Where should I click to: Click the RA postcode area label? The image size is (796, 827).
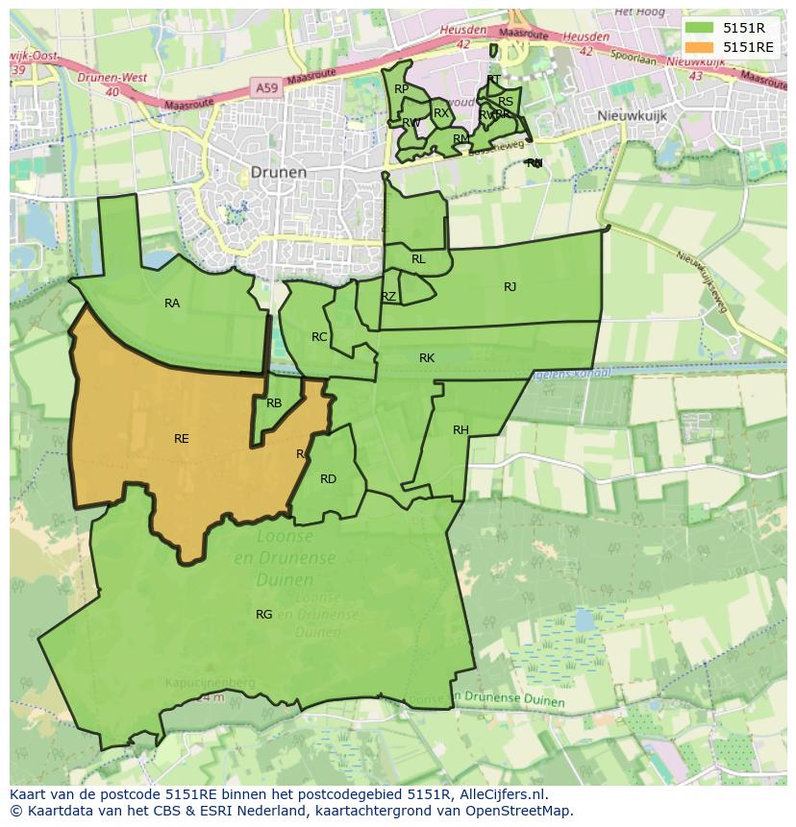[x=172, y=304]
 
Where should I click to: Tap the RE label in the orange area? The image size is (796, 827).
[x=182, y=439]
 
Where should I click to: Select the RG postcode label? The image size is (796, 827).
[x=263, y=615]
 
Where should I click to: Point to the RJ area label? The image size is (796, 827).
[x=510, y=286]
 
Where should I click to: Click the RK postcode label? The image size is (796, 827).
[x=427, y=358]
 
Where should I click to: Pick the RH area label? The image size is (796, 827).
[x=460, y=430]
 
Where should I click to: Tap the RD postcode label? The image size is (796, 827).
[x=328, y=479]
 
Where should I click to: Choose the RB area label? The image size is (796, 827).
[x=274, y=403]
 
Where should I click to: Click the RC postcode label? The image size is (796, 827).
[x=319, y=337]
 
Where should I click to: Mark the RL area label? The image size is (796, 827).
[x=418, y=259]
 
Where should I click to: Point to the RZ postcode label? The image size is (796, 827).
[x=388, y=297]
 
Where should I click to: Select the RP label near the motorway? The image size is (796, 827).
[x=402, y=89]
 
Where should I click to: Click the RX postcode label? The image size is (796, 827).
[x=441, y=113]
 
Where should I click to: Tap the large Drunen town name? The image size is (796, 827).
[x=278, y=172]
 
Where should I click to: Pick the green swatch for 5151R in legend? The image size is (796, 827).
[x=700, y=28]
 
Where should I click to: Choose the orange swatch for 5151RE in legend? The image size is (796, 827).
[x=700, y=46]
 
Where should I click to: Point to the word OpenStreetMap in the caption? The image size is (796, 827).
[x=527, y=811]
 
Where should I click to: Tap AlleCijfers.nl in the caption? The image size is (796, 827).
[x=499, y=794]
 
